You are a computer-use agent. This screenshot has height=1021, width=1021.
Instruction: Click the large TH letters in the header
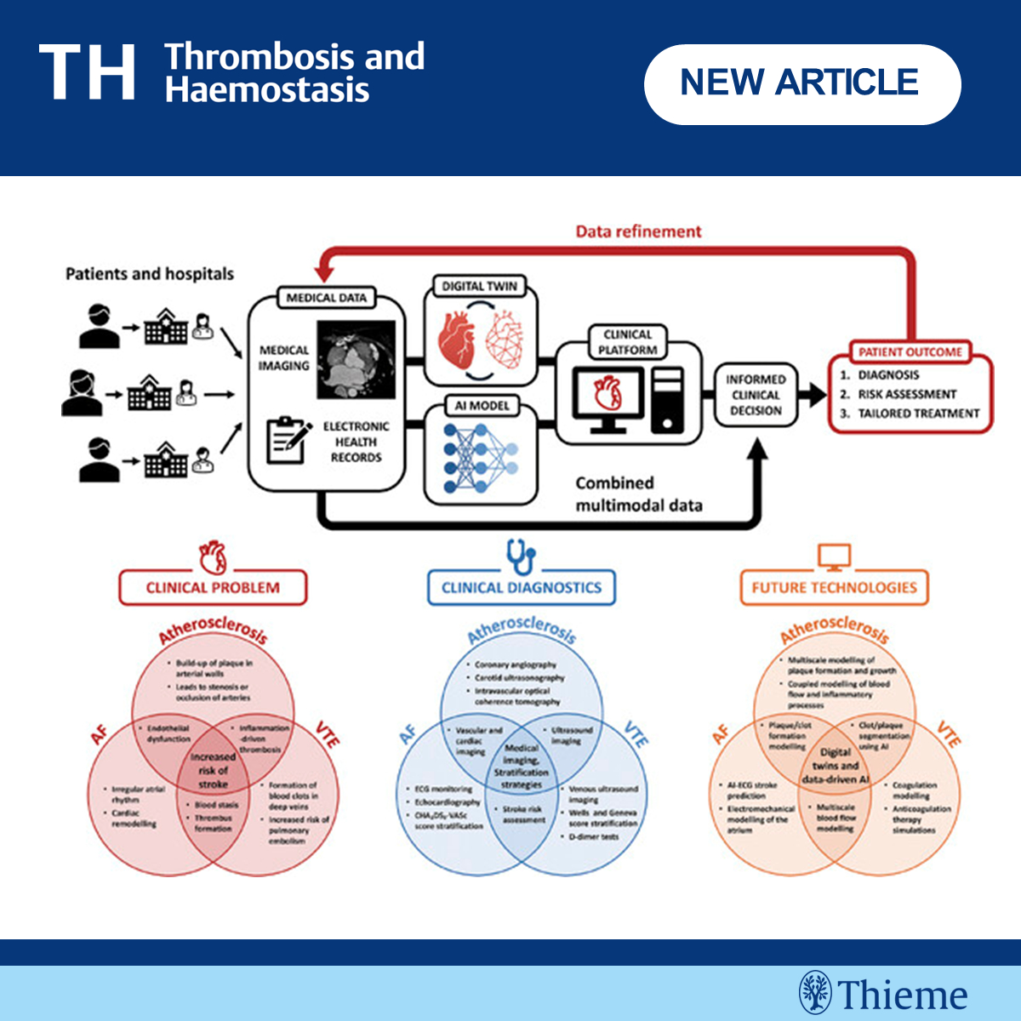87,73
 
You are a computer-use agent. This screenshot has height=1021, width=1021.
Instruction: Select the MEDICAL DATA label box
327,299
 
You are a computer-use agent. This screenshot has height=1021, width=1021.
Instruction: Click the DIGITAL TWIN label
479,287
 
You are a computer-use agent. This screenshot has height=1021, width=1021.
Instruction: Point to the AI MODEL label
482,406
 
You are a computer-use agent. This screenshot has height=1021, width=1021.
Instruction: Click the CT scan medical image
356,360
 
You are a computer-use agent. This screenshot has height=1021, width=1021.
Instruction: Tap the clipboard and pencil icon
288,440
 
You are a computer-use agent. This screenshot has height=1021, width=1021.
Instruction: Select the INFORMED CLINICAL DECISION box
756,395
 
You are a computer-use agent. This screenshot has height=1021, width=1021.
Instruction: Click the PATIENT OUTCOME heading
910,352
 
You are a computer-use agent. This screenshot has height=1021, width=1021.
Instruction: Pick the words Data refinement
638,231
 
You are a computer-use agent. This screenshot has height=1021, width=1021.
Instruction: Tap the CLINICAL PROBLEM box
213,587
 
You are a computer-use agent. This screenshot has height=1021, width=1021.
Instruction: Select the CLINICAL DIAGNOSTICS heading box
521,587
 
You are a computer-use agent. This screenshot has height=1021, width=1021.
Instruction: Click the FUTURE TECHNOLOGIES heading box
834,587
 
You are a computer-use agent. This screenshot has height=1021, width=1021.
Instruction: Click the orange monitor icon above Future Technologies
834,557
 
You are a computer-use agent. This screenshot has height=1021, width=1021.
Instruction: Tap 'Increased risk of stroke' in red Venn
213,770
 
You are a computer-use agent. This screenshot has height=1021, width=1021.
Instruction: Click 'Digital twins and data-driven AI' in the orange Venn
835,766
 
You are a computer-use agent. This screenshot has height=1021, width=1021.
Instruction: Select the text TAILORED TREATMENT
918,414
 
